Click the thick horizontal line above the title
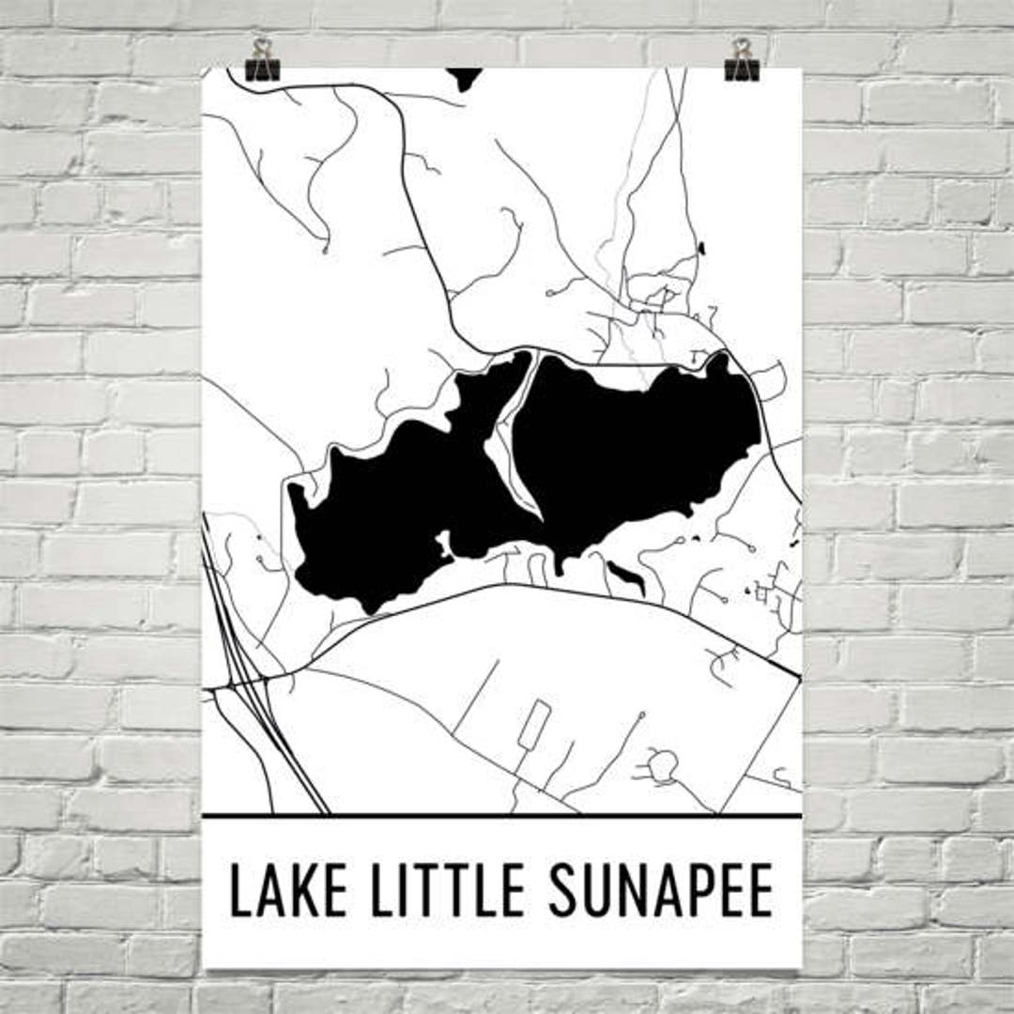point(502,816)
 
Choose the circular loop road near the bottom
point(663,765)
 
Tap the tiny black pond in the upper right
point(701,248)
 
